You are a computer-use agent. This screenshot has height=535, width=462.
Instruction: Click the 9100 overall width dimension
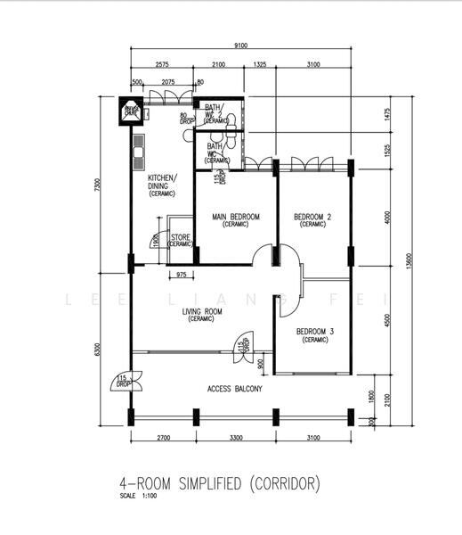[241, 46]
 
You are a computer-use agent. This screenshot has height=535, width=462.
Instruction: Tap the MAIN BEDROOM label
[236, 218]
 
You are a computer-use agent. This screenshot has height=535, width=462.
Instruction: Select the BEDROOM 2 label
[312, 218]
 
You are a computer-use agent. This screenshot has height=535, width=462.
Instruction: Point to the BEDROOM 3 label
[315, 333]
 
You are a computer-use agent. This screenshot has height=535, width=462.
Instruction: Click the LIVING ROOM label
[201, 312]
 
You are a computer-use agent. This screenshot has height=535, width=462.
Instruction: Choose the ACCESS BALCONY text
[234, 389]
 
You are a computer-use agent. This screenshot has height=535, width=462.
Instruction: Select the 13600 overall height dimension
[409, 260]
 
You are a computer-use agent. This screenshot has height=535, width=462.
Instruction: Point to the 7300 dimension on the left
[99, 187]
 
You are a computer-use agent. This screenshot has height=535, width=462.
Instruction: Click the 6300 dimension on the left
[99, 349]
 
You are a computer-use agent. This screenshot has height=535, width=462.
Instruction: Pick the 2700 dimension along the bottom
[161, 440]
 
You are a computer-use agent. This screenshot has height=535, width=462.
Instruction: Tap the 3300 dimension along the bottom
[234, 440]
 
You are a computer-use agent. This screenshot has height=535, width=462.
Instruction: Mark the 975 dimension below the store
[182, 275]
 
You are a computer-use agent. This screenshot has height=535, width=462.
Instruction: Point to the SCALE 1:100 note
[136, 496]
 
